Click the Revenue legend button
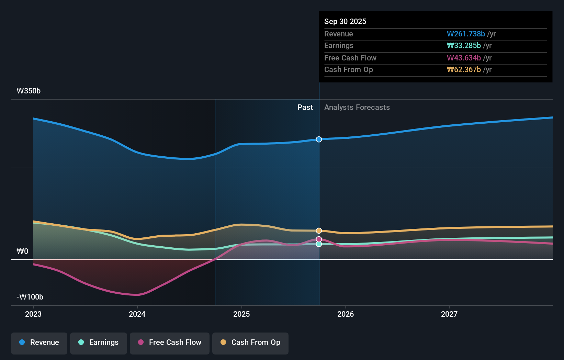39,342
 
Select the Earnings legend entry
99,342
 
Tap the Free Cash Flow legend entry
170,342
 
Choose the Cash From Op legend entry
250,342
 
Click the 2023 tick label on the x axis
33,314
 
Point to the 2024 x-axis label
137,314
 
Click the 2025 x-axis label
241,314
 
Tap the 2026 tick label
346,314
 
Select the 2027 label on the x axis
449,314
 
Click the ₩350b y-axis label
29,91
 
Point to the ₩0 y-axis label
22,251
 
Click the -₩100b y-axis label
30,297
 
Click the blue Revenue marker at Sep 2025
319,139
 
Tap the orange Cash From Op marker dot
319,230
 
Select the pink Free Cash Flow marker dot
319,239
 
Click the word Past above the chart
305,108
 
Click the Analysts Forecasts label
357,108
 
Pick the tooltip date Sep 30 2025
345,21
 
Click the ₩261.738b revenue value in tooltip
466,34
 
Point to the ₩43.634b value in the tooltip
464,58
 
